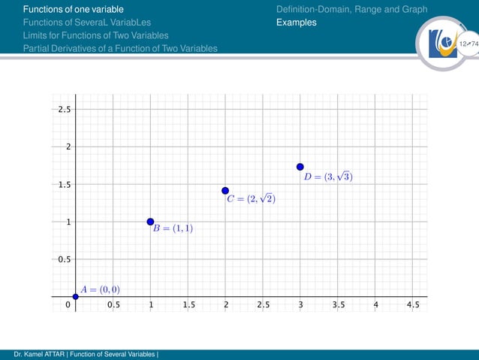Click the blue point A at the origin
point(75,297)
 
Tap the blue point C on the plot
point(225,191)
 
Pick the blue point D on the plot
point(300,167)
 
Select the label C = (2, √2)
point(252,199)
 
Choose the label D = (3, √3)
point(328,177)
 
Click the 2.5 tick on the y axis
point(64,109)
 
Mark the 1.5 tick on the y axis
point(64,184)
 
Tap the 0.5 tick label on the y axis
point(64,259)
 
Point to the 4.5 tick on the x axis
point(413,305)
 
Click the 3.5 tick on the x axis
point(338,305)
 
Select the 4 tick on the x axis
point(375,305)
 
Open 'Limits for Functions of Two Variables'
point(95,35)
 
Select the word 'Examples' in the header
point(297,23)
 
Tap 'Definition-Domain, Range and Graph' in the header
point(351,9)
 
